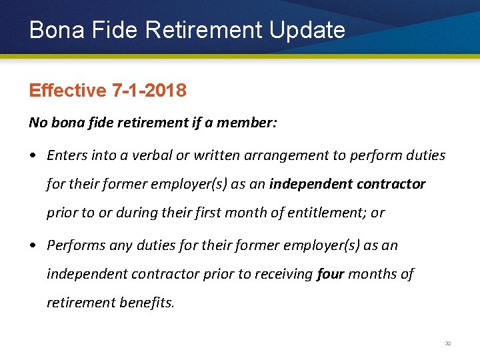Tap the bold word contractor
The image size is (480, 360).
tap(391, 184)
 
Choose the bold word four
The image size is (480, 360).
tap(331, 274)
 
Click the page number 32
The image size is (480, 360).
tap(448, 343)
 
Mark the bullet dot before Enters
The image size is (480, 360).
tap(32, 156)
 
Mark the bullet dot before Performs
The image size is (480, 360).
tap(32, 246)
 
